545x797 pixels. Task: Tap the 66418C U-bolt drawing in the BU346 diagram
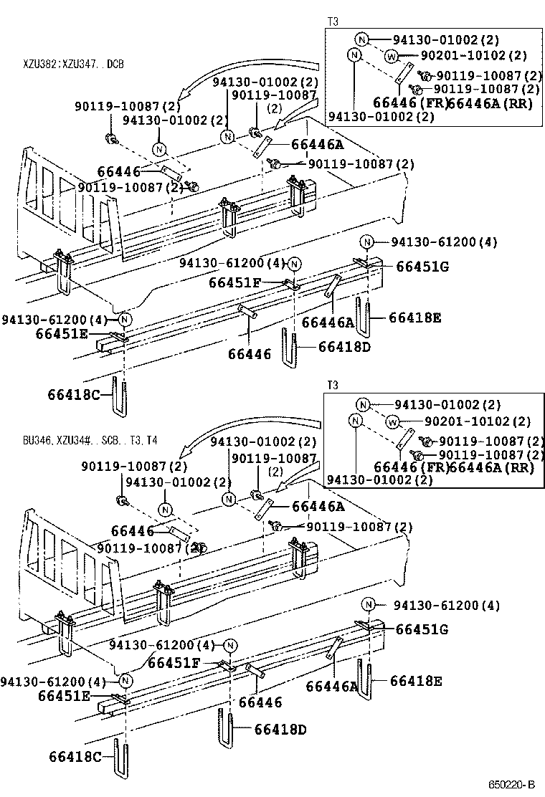(121, 758)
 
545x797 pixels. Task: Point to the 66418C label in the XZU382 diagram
(74, 394)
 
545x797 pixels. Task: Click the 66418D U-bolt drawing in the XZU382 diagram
(290, 347)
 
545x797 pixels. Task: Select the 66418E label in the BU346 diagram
(416, 681)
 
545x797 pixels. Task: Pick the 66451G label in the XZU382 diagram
(422, 267)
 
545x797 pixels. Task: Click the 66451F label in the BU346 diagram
(174, 663)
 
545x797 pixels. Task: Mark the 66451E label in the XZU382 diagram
(63, 333)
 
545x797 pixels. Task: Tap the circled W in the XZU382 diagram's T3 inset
(392, 56)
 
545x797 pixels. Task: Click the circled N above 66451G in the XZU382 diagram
(366, 242)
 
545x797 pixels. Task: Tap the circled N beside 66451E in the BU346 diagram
(125, 680)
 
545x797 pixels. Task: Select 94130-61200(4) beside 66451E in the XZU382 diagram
(54, 319)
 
